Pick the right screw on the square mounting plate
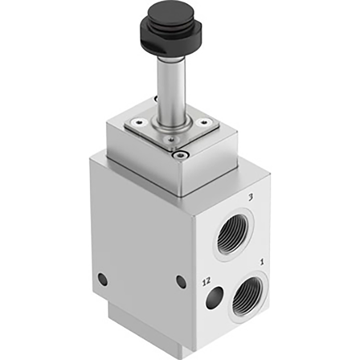tap(204, 122)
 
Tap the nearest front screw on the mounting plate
tap(170, 139)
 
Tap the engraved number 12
tap(206, 282)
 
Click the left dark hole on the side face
tap(103, 279)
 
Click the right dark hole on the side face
tap(181, 282)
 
